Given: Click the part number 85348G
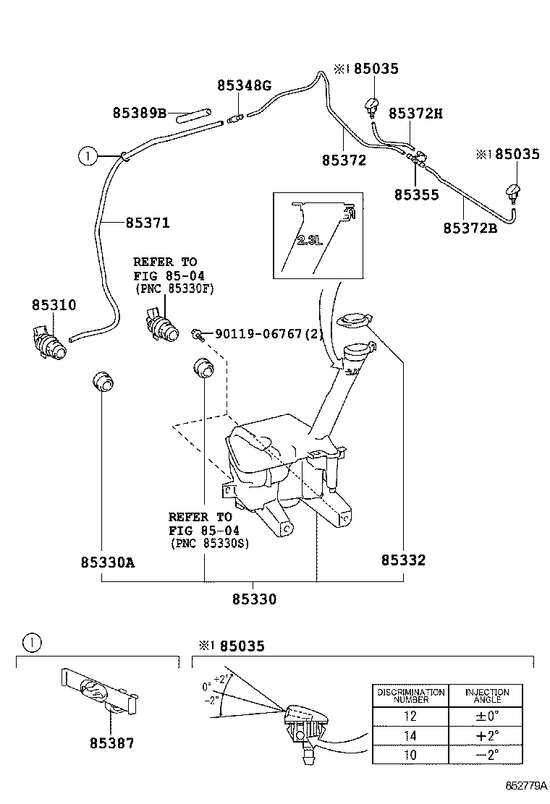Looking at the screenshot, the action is [244, 85].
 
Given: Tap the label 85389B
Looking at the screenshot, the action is [140, 112].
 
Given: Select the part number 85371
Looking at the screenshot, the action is [148, 223].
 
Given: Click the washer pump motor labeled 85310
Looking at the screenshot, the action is [49, 342].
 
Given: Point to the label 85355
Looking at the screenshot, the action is [417, 194].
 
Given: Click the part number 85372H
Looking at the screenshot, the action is [415, 114].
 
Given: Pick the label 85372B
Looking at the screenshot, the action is [470, 228].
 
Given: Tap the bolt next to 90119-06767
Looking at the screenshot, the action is [198, 334].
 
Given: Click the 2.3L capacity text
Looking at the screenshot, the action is [309, 240].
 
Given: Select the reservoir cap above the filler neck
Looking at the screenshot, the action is [353, 321].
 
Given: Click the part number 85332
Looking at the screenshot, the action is [403, 560].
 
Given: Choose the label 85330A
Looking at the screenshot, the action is [108, 563].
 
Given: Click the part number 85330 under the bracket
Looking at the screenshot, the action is [254, 599].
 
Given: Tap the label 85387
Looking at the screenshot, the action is [112, 743].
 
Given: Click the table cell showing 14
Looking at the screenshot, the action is [410, 736].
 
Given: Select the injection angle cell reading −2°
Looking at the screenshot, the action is [487, 755].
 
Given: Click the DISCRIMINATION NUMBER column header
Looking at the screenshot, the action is [410, 696].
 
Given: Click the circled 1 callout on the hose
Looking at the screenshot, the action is [88, 155].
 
